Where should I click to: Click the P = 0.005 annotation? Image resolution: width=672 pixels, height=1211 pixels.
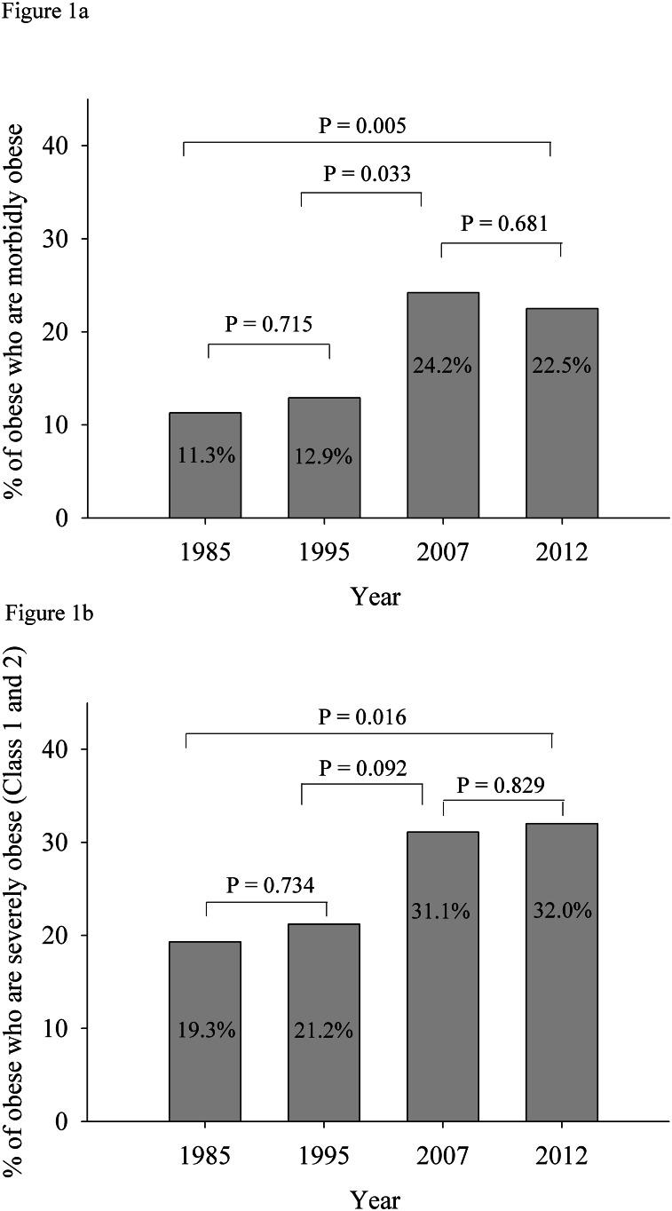(x=362, y=126)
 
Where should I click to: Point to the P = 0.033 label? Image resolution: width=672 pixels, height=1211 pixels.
(x=367, y=174)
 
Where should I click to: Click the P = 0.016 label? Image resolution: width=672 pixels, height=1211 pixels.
(x=362, y=717)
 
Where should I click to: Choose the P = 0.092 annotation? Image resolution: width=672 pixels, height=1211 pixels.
(x=363, y=767)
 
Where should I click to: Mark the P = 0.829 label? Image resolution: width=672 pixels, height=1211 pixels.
(x=501, y=784)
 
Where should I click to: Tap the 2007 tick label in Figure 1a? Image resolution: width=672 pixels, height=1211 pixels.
(x=443, y=552)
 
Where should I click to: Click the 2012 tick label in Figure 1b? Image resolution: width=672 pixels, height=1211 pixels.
(x=562, y=1157)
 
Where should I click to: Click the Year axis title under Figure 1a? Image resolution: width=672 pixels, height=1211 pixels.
(x=376, y=596)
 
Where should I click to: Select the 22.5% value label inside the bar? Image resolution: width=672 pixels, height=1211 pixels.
(x=562, y=366)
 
